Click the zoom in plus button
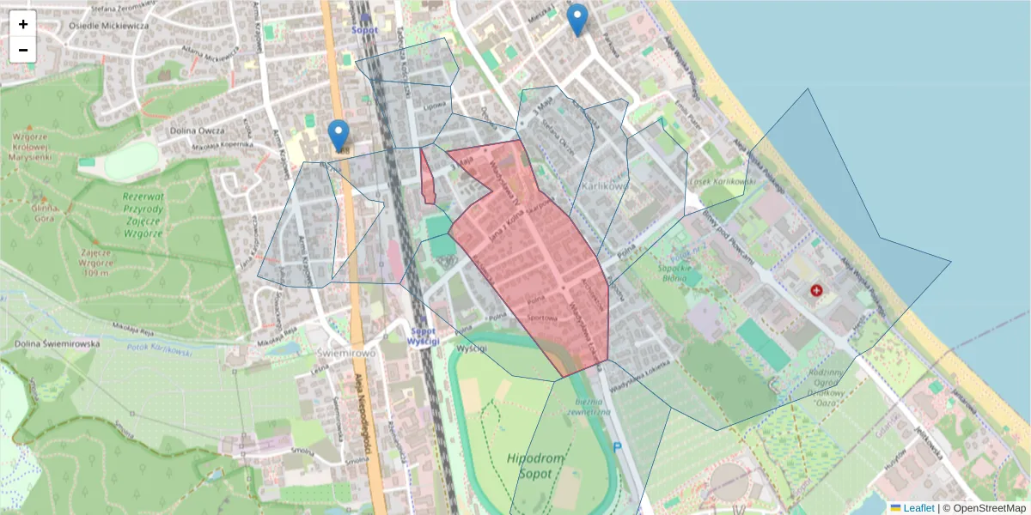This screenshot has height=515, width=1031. (x=23, y=24)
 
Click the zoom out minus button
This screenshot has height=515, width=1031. (x=23, y=50)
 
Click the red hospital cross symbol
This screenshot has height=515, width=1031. (x=816, y=291)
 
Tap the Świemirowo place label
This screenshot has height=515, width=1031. (x=345, y=354)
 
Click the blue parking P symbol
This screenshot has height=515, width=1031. (x=617, y=446)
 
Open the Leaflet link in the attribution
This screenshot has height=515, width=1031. (x=918, y=508)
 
